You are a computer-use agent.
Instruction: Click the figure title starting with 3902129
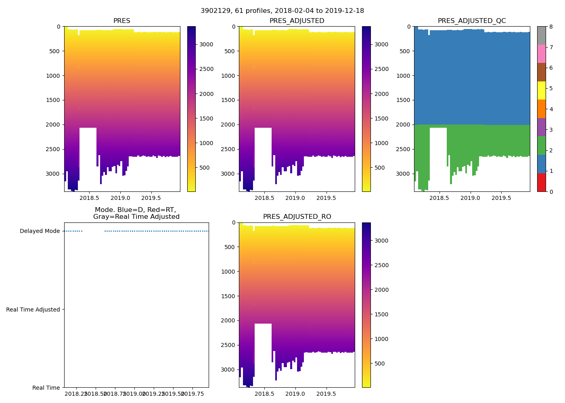(x=282, y=11)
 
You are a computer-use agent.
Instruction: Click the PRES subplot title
(x=121, y=21)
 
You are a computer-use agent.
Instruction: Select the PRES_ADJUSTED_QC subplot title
(x=472, y=21)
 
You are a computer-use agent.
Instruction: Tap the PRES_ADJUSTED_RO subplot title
(x=297, y=217)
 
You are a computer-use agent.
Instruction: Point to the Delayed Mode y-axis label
(x=40, y=231)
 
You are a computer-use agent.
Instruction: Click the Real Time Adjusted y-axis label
(x=33, y=310)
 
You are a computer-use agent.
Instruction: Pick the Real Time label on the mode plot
(x=46, y=388)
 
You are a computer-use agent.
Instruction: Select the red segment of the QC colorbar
(x=541, y=182)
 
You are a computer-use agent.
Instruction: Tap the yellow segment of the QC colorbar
(x=541, y=91)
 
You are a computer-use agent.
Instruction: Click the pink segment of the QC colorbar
(x=541, y=54)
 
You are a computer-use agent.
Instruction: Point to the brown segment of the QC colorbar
(x=541, y=72)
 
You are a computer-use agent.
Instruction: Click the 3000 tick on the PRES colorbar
(x=206, y=45)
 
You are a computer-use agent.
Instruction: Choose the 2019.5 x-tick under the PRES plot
(x=151, y=198)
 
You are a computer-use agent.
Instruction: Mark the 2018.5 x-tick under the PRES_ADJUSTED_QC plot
(x=439, y=198)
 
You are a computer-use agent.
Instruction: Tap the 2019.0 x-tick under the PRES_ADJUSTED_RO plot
(x=295, y=394)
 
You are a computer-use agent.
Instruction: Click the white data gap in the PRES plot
(x=88, y=157)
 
